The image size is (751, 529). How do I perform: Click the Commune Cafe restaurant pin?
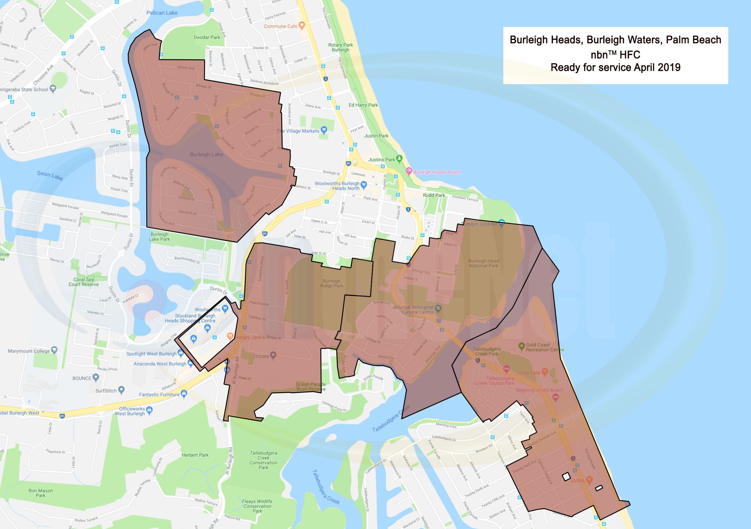click(x=302, y=25)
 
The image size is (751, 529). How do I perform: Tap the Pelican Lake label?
click(x=162, y=13)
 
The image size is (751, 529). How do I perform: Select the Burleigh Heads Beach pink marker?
click(x=409, y=171)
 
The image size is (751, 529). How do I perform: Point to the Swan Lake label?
click(x=50, y=175)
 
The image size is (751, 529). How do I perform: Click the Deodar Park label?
click(x=207, y=37)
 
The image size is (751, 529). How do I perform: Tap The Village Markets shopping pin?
click(x=324, y=130)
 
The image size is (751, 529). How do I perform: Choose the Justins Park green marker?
click(x=399, y=159)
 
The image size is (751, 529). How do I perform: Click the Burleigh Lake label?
click(x=207, y=154)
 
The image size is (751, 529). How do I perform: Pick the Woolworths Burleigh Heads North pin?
click(x=363, y=185)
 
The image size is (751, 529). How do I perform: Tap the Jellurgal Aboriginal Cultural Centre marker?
click(x=438, y=308)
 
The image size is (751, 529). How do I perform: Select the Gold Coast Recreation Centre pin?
click(x=522, y=346)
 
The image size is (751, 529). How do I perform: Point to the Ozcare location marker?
click(x=273, y=355)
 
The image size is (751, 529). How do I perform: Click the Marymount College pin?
click(x=54, y=350)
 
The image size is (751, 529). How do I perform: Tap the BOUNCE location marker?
click(x=95, y=377)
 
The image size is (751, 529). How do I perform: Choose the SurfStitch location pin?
click(x=121, y=389)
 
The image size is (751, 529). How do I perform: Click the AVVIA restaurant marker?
click(x=589, y=480)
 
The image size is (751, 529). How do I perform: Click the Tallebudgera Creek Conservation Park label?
click(x=263, y=460)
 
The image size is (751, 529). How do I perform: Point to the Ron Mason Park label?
click(x=41, y=493)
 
